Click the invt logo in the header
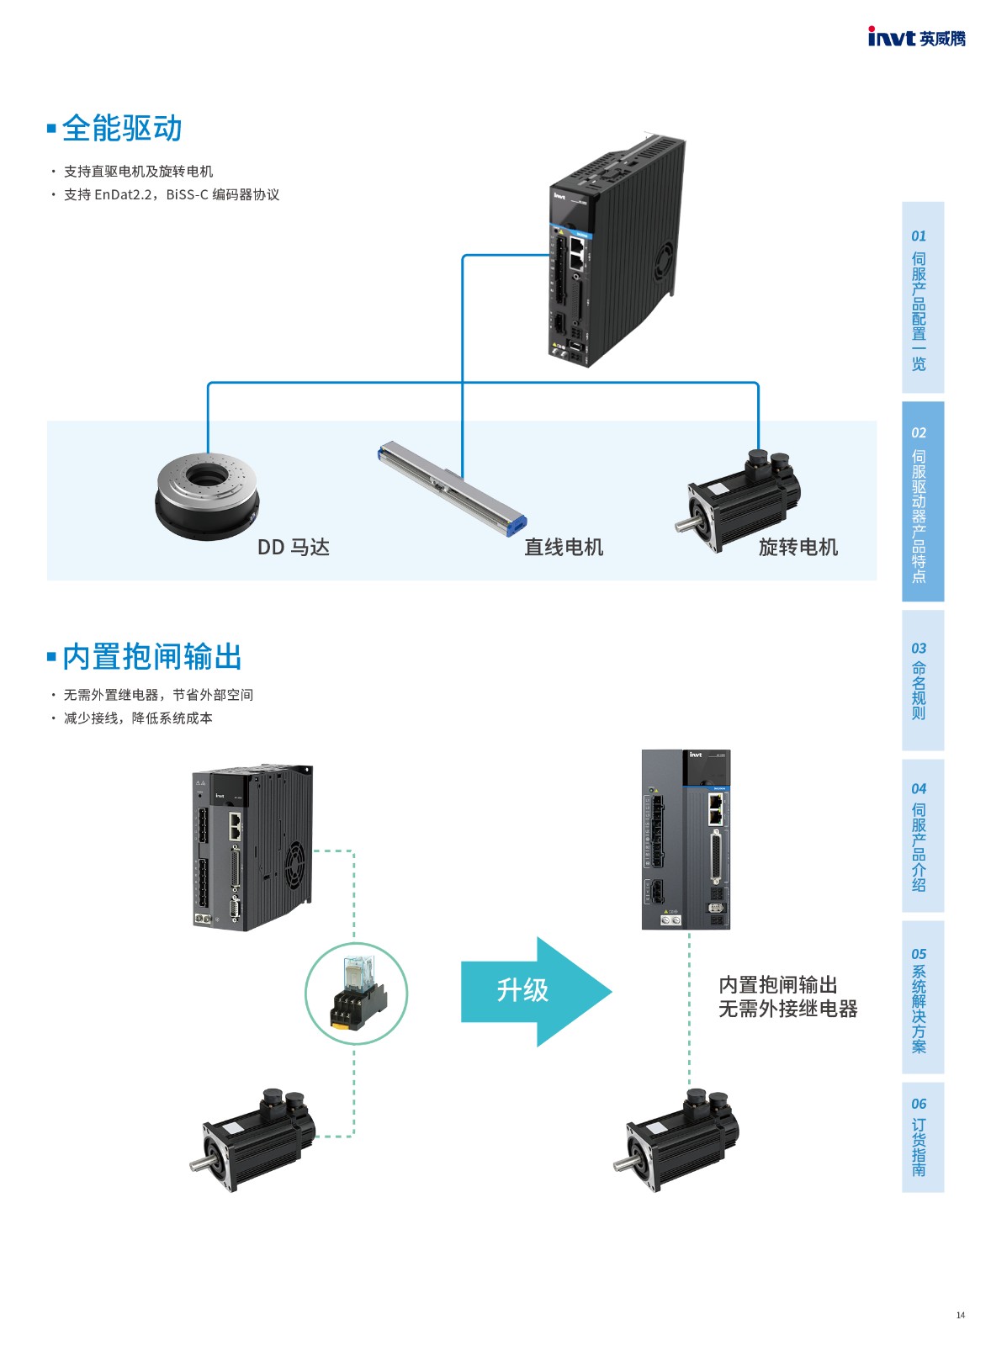point(915,37)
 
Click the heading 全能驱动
point(122,129)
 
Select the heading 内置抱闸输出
point(151,657)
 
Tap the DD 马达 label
point(293,548)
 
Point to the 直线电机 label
point(564,548)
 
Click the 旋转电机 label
point(798,548)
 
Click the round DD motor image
point(206,492)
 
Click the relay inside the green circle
point(357,994)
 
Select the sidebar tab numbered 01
point(922,297)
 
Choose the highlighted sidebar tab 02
point(922,501)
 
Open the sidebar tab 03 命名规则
point(922,680)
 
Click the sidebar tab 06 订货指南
point(922,1139)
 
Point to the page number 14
point(960,1315)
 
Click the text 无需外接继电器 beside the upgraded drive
point(787,1009)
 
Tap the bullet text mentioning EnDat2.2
point(172,195)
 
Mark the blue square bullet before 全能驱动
point(51,129)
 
